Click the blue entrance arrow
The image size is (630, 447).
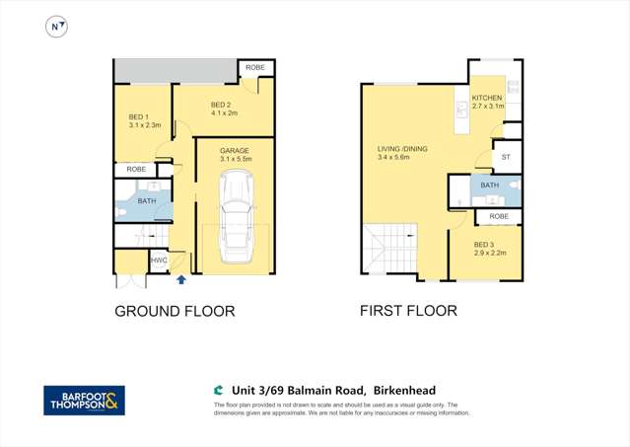pyautogui.click(x=180, y=279)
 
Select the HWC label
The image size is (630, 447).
pyautogui.click(x=158, y=261)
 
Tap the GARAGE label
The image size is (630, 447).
pyautogui.click(x=234, y=151)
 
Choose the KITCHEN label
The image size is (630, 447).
pyautogui.click(x=487, y=99)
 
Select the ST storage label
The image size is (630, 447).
pyautogui.click(x=507, y=157)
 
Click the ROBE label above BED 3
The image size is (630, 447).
pyautogui.click(x=499, y=216)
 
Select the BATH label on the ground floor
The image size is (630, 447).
pyautogui.click(x=147, y=201)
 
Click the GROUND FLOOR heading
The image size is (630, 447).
pyautogui.click(x=175, y=311)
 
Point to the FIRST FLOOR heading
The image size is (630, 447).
pyautogui.click(x=407, y=311)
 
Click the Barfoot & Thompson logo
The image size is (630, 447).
pyautogui.click(x=85, y=400)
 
